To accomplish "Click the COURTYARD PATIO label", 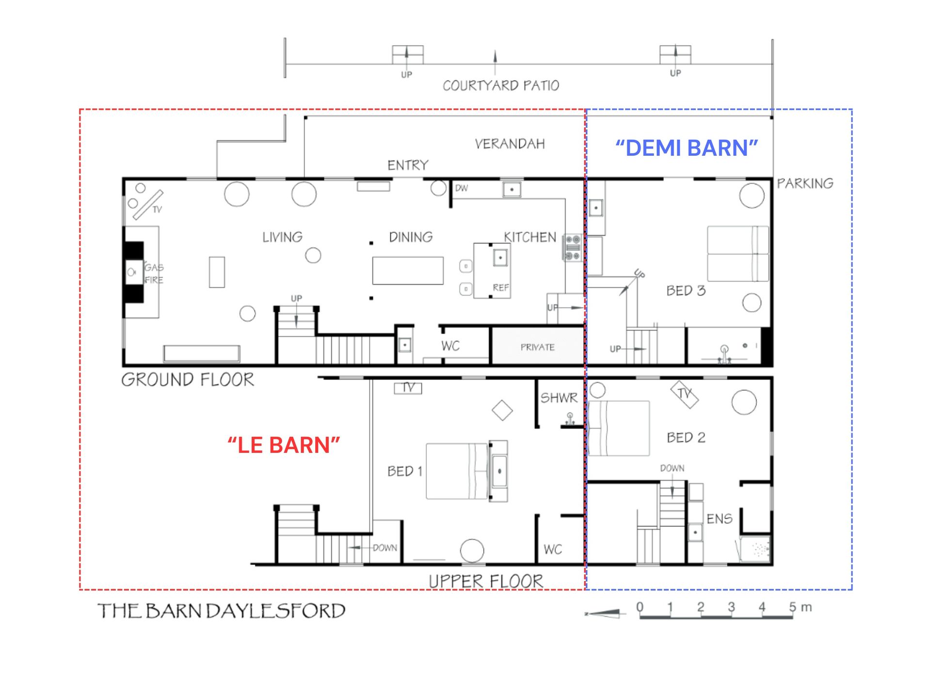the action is point(501,86).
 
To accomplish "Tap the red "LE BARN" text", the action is point(284,445).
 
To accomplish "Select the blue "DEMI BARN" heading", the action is point(687,148).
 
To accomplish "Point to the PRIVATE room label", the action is point(537,347).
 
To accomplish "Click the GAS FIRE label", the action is point(154,274).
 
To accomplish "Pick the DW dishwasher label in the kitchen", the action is point(462,188).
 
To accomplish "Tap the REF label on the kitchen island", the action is point(501,288).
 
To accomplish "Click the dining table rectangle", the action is point(408,270).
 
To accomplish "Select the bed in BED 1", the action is point(457,471).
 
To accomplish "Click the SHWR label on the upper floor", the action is point(559,398).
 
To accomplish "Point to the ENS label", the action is point(719,519).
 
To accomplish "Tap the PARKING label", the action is point(805,183).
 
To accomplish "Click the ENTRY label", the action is point(408,166).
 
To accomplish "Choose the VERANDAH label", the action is point(510,144).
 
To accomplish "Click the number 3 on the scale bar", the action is point(731,607).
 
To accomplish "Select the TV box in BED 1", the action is point(408,388).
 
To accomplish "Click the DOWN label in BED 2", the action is point(672,468).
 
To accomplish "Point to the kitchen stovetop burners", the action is point(573,248).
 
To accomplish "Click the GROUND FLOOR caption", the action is point(188,380).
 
